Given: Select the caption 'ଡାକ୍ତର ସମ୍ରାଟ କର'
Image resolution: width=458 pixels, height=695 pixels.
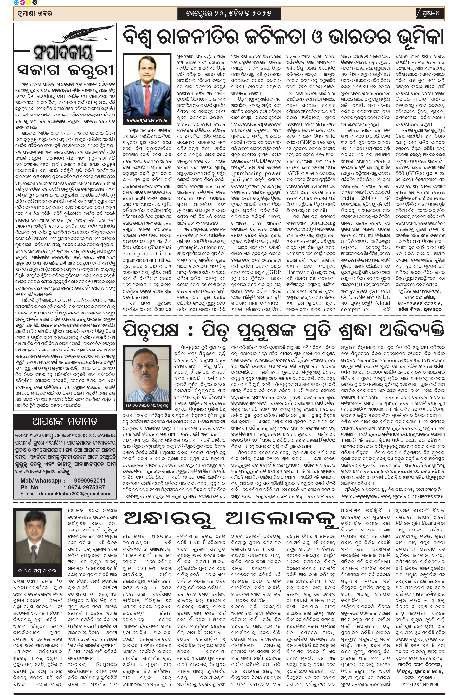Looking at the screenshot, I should pyautogui.click(x=38, y=571).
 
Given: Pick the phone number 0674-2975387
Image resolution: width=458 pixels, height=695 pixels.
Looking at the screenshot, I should pyautogui.click(x=86, y=487).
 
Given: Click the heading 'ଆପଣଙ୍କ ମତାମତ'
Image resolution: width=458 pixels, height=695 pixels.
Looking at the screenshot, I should pyautogui.click(x=65, y=421).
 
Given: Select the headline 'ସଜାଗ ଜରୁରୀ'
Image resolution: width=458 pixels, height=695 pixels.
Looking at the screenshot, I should pyautogui.click(x=65, y=70).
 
